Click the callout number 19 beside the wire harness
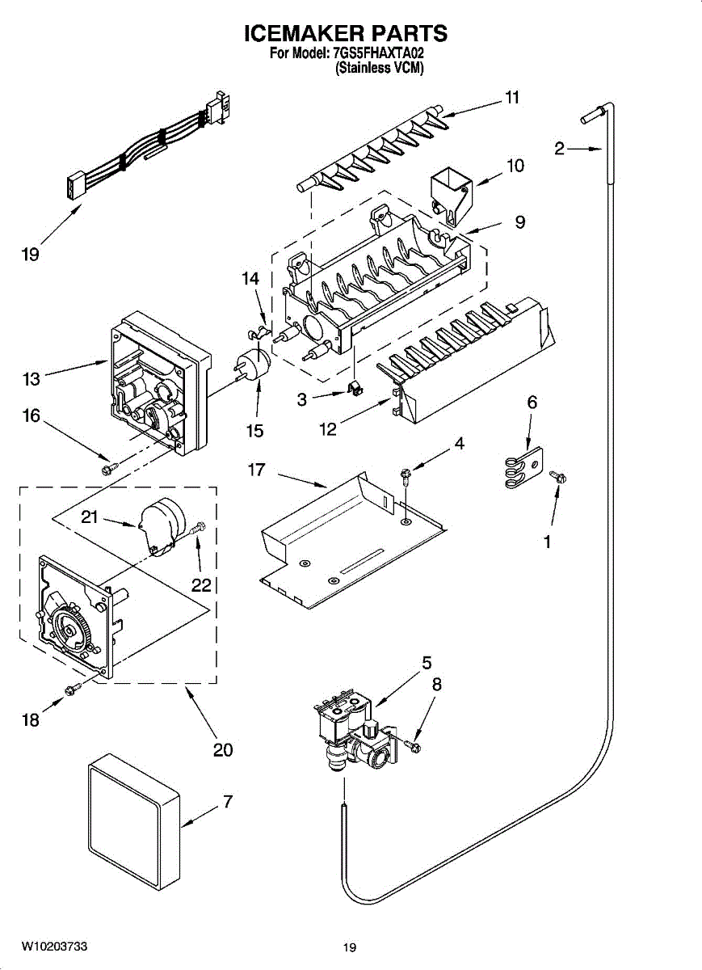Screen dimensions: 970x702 29,255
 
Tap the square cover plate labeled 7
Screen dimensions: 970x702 133,816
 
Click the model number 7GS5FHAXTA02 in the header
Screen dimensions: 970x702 378,54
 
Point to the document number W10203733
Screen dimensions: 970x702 54,947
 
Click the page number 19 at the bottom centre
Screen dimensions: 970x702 349,947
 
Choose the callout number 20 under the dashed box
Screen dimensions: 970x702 223,749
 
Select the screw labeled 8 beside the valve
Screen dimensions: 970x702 414,743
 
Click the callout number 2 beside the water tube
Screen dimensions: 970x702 559,148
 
